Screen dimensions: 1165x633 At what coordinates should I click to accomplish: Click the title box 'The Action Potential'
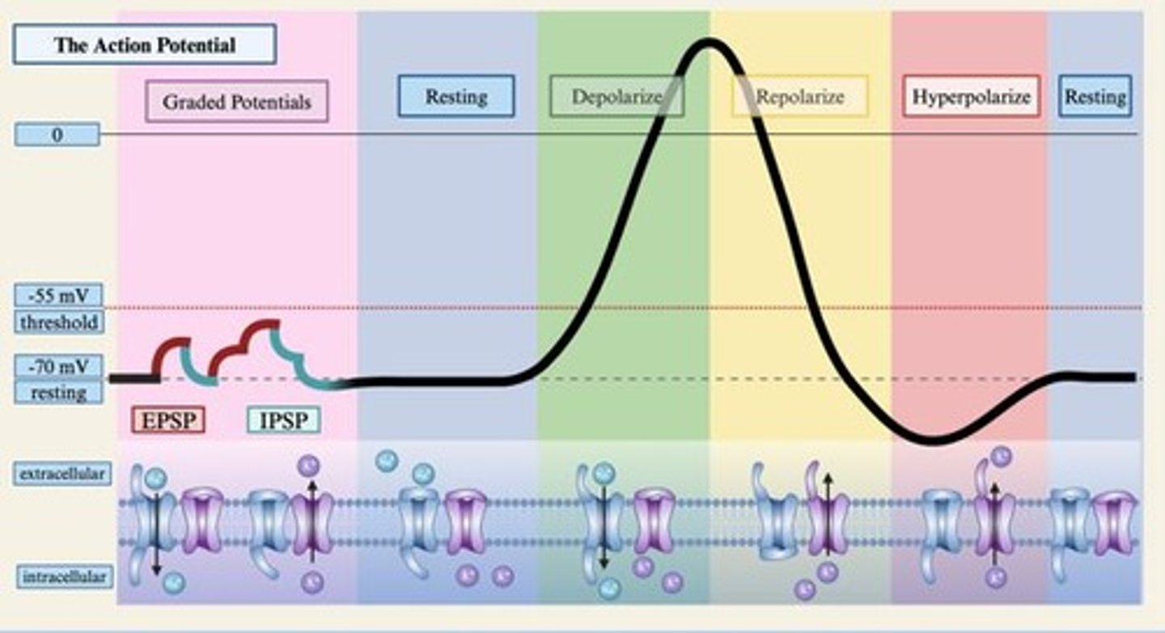pyautogui.click(x=144, y=44)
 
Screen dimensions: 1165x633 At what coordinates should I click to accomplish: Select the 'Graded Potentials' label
pyautogui.click(x=236, y=102)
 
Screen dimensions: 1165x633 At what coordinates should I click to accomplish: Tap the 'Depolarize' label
pyautogui.click(x=616, y=97)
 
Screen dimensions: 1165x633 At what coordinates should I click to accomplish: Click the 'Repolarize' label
pyautogui.click(x=799, y=97)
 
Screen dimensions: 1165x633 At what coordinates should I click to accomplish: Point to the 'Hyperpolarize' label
pyautogui.click(x=971, y=97)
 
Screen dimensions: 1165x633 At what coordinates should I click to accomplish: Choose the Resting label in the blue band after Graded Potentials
pyautogui.click(x=456, y=97)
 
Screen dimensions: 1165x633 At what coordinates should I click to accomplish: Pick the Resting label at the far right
pyautogui.click(x=1095, y=97)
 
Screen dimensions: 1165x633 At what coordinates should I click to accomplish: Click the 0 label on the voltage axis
pyautogui.click(x=57, y=134)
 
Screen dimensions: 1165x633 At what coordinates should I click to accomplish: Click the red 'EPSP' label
pyautogui.click(x=167, y=420)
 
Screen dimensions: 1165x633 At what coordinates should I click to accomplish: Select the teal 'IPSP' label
pyautogui.click(x=283, y=420)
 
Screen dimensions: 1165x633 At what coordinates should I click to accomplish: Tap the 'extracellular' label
pyautogui.click(x=61, y=474)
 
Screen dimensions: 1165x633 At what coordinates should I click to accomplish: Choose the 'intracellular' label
pyautogui.click(x=64, y=576)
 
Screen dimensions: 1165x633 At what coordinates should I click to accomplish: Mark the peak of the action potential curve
pyautogui.click(x=709, y=42)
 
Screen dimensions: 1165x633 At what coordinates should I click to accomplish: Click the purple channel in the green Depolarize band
pyautogui.click(x=653, y=520)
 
